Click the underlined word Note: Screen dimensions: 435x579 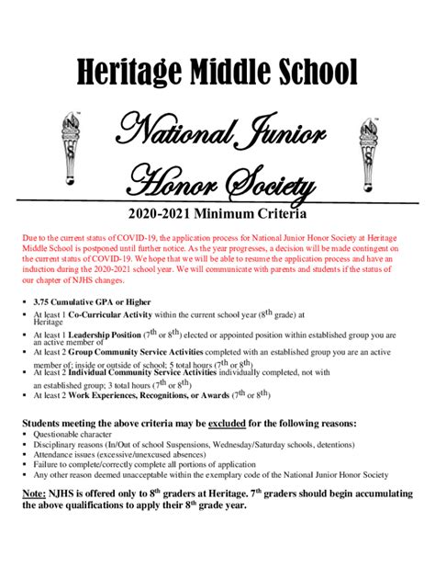tap(38, 493)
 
